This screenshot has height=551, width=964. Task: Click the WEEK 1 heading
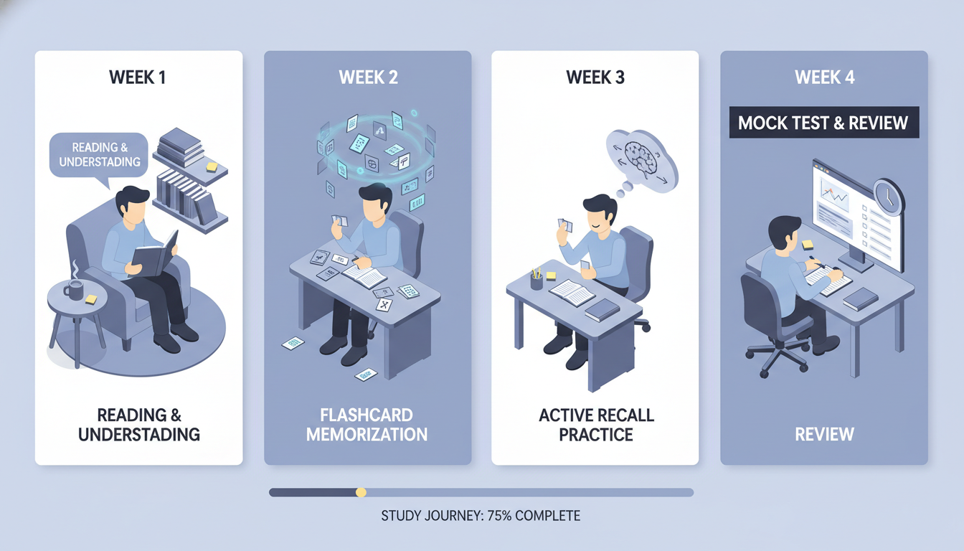[137, 77]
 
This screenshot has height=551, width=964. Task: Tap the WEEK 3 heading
[595, 77]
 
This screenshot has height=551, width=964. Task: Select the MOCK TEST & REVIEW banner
[824, 123]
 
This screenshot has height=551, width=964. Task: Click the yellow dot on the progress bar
[361, 492]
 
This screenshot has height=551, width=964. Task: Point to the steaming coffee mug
[74, 289]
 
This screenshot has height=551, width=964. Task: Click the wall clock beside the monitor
[889, 197]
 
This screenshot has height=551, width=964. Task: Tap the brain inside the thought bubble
[641, 160]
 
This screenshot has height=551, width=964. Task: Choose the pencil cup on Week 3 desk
[537, 281]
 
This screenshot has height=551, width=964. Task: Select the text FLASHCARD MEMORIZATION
[367, 425]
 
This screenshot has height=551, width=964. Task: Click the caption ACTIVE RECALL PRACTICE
[596, 425]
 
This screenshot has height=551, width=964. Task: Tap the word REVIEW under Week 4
[824, 434]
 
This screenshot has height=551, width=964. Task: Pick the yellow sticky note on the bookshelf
[212, 166]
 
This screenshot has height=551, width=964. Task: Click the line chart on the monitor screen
[833, 196]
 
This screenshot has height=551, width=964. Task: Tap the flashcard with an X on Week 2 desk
[384, 305]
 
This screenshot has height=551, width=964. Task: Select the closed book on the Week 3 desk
[602, 310]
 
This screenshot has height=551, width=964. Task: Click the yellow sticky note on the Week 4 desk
[808, 245]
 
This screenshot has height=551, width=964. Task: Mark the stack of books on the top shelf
[180, 147]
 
